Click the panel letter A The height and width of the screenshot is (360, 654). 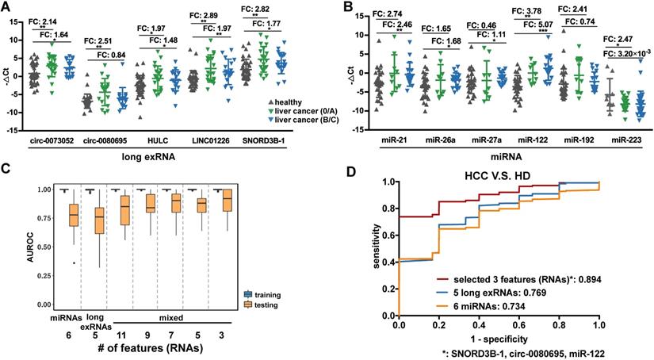click(x=7, y=7)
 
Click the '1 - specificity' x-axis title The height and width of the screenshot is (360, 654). click(x=499, y=336)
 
